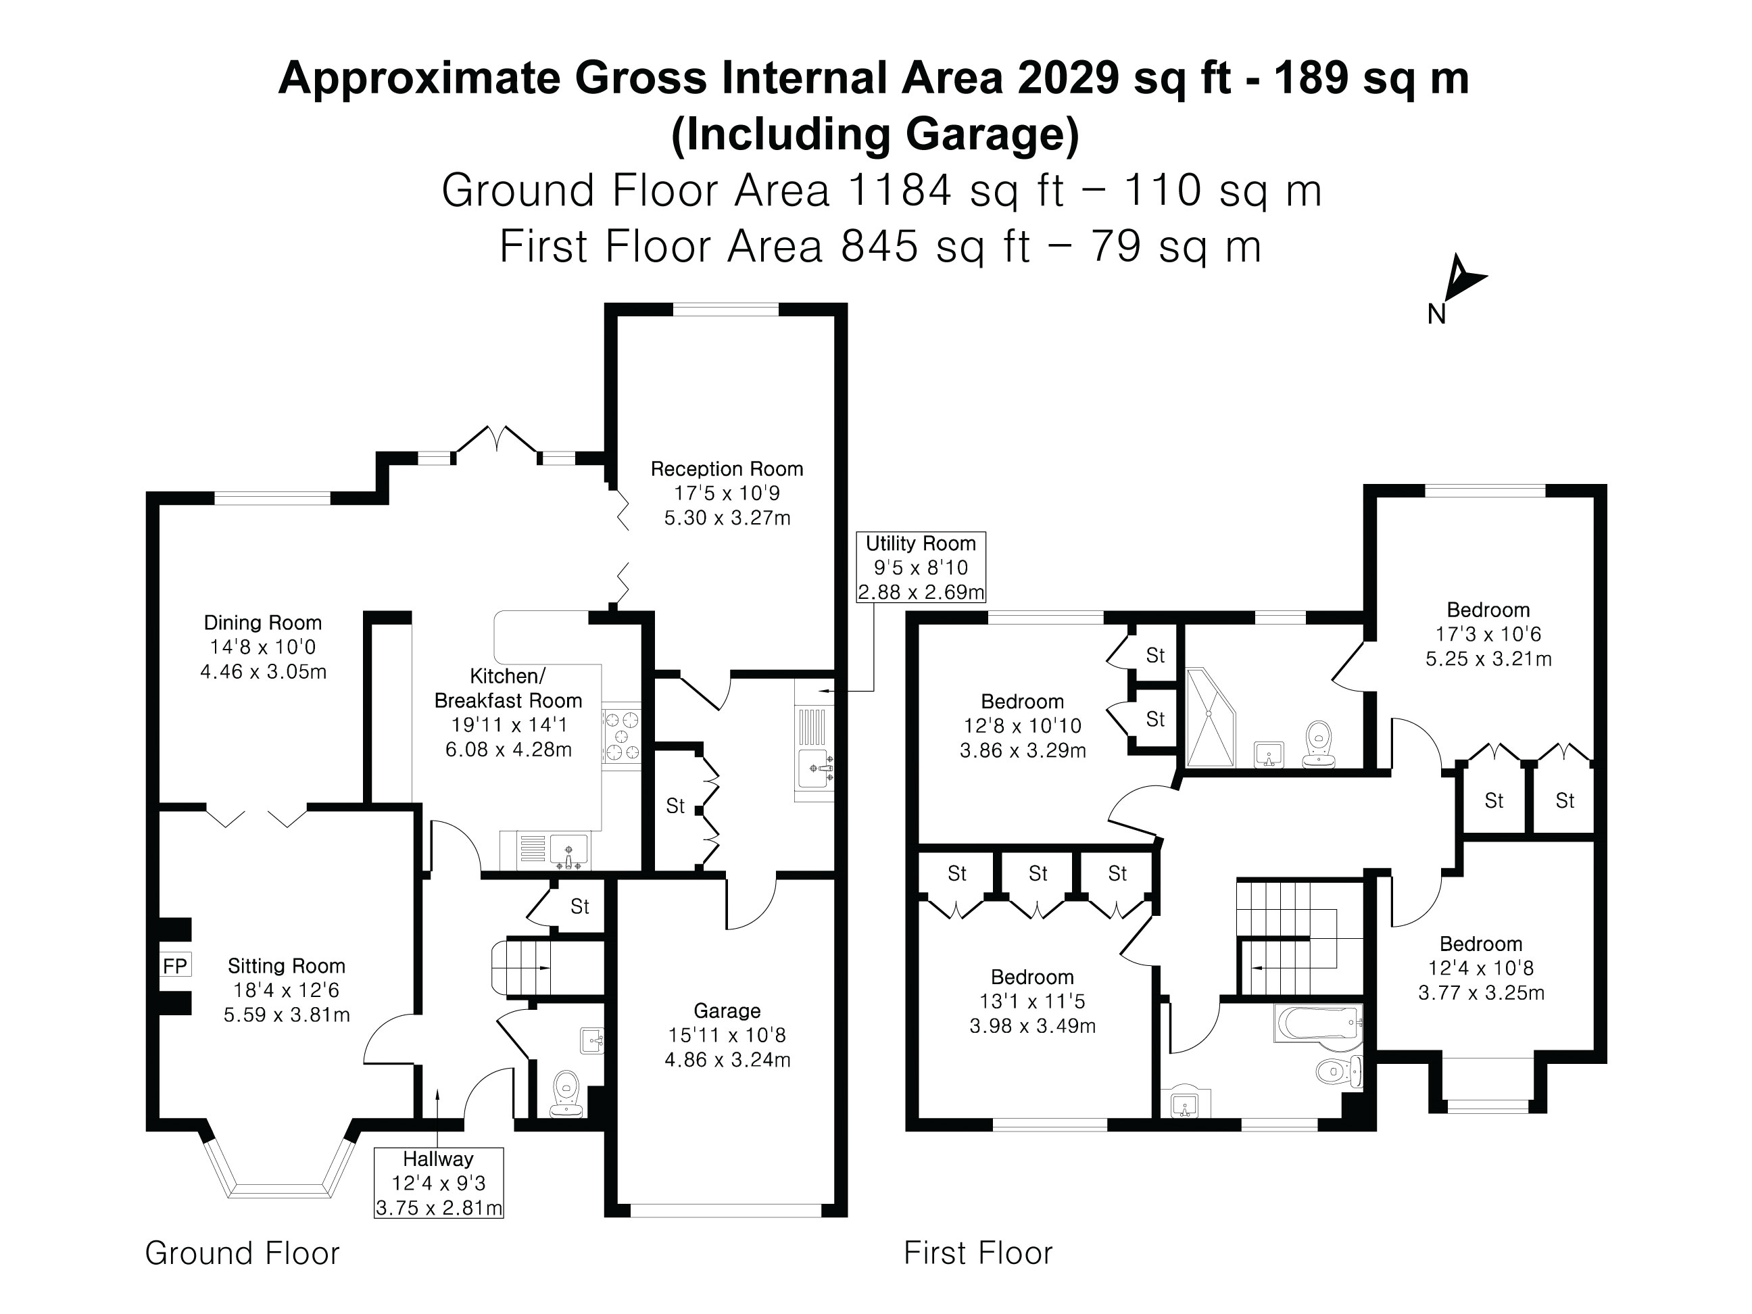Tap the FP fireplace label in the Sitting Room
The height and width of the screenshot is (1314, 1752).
coord(175,965)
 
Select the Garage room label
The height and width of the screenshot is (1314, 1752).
coord(727,1011)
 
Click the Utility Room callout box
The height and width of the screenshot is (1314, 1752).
coord(921,567)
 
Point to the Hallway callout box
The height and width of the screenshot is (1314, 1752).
coord(439,1182)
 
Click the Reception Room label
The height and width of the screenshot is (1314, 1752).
coord(727,469)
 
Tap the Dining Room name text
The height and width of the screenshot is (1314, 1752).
coord(263,623)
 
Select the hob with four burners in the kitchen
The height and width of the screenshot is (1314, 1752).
coord(622,737)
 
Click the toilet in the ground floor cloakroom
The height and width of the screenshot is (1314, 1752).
coord(566,1094)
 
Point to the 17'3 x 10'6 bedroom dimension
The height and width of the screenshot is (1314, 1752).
coord(1488,635)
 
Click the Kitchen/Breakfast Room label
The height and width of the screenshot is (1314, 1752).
coord(508,688)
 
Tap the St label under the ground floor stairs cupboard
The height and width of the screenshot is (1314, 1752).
coord(580,906)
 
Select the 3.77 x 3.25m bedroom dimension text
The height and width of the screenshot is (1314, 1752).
coord(1481,993)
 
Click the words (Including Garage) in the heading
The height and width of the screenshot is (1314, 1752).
coord(875,134)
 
